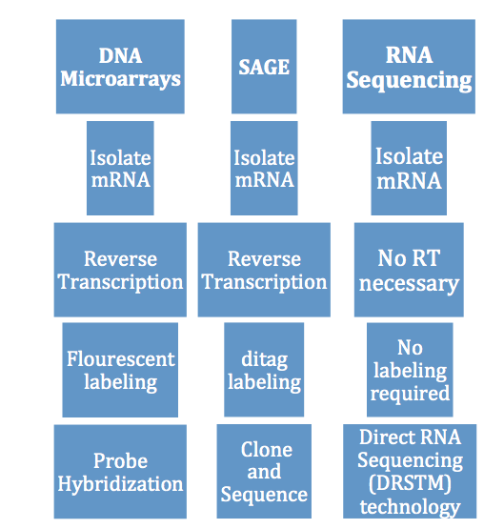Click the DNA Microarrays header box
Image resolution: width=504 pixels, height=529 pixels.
tap(120, 67)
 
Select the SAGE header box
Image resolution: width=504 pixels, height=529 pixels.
tap(264, 67)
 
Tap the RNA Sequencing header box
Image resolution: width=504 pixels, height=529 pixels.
tap(409, 67)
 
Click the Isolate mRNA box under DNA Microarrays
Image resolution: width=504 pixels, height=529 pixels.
tap(120, 168)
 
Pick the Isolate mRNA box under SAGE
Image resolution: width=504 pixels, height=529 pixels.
tap(264, 168)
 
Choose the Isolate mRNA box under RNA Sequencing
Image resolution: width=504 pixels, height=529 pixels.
tap(409, 168)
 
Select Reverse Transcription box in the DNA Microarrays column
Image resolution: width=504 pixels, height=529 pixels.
tap(120, 270)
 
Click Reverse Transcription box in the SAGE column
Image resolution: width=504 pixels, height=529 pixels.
tap(264, 270)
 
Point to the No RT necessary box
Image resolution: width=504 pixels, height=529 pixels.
tap(409, 270)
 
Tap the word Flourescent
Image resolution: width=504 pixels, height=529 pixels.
tap(121, 358)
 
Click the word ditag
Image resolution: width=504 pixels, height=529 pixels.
tap(265, 359)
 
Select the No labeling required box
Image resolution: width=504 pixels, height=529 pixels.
tap(410, 370)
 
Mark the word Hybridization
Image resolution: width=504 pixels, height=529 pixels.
tap(120, 484)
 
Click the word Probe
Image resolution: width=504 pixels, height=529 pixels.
tap(120, 461)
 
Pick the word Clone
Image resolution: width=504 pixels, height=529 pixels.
tap(267, 449)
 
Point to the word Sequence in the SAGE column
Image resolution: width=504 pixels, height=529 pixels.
tap(264, 496)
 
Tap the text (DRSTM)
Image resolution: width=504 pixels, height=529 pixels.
tap(410, 483)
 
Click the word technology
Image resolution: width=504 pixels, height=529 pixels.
tap(410, 507)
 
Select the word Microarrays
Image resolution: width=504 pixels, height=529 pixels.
tap(120, 80)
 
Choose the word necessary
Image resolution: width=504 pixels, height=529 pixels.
tap(409, 284)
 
